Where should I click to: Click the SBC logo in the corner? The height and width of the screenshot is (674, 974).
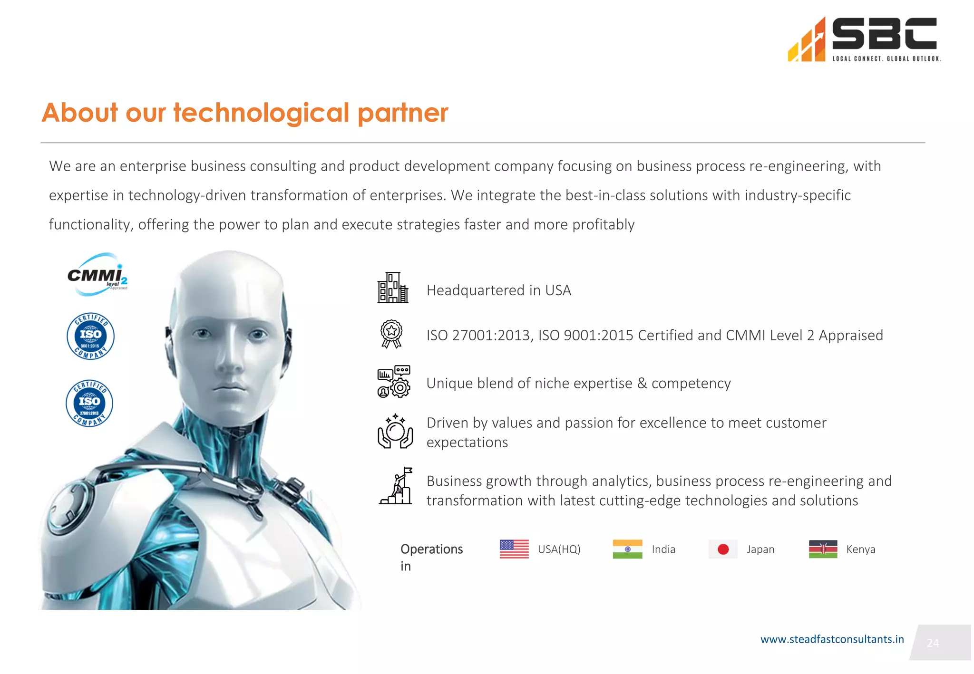pyautogui.click(x=863, y=39)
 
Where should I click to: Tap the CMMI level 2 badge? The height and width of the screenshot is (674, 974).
pyautogui.click(x=97, y=275)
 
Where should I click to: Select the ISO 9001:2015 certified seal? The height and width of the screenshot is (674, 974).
pyautogui.click(x=90, y=336)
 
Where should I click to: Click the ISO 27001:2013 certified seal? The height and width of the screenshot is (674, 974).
pyautogui.click(x=89, y=403)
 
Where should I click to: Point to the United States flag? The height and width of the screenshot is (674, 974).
pyautogui.click(x=514, y=549)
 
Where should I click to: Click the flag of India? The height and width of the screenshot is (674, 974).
pyautogui.click(x=627, y=549)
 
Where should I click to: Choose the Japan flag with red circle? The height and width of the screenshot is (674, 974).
pyautogui.click(x=723, y=549)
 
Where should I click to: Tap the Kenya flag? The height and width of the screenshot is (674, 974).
pyautogui.click(x=823, y=549)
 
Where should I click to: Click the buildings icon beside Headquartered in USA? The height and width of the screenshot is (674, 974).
pyautogui.click(x=393, y=288)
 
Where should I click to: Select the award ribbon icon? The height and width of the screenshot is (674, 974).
pyautogui.click(x=391, y=334)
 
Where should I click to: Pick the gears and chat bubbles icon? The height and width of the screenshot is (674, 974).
pyautogui.click(x=394, y=381)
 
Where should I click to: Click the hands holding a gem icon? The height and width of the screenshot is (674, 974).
pyautogui.click(x=395, y=431)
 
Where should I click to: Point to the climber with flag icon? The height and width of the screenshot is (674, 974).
pyautogui.click(x=396, y=486)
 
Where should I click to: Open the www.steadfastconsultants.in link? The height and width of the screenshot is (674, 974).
pyautogui.click(x=832, y=639)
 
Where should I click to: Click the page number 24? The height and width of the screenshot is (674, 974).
pyautogui.click(x=933, y=643)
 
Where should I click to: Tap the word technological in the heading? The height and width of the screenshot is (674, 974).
pyautogui.click(x=261, y=113)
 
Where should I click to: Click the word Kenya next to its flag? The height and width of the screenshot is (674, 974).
pyautogui.click(x=861, y=549)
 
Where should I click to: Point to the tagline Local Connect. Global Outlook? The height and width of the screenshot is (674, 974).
pyautogui.click(x=886, y=59)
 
